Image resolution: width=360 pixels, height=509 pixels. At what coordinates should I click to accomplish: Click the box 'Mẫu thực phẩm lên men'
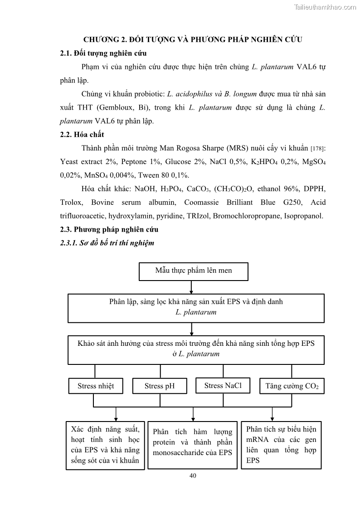(193, 271)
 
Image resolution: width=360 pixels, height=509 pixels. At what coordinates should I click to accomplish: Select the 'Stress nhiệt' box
(95, 386)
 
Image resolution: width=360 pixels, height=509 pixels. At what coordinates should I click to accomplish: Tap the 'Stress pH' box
(159, 386)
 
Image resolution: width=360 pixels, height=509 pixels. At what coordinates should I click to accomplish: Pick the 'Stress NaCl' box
(223, 385)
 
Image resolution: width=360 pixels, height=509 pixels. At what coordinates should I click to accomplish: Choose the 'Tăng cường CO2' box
(292, 386)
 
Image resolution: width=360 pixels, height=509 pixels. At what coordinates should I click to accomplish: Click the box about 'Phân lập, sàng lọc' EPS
(196, 307)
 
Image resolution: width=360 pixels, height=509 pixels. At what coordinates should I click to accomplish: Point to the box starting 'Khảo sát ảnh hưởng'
(196, 349)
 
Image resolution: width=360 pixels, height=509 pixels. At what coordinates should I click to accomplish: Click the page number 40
(193, 475)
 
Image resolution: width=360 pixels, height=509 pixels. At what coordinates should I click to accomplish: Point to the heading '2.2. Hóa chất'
(82, 135)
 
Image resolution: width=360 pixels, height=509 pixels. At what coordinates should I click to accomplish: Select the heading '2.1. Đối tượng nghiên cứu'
(103, 53)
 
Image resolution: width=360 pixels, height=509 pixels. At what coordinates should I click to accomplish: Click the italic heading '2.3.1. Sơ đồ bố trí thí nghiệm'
(107, 243)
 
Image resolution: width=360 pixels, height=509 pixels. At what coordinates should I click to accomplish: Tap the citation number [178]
(318, 149)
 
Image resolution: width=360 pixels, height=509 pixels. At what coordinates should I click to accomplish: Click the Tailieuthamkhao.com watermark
(325, 7)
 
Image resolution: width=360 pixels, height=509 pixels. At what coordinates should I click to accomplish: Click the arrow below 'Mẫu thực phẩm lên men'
(192, 287)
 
